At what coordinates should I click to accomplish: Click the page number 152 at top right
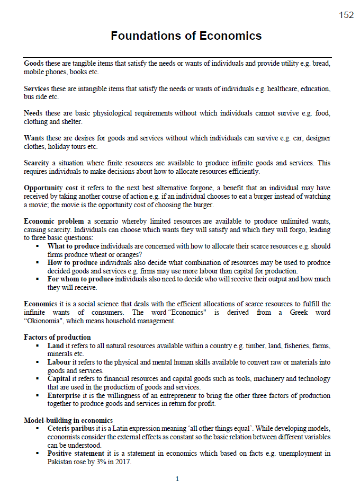346,15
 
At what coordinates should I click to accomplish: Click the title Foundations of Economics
186,36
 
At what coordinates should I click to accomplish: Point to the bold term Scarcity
37,163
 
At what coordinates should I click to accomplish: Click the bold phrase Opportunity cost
51,188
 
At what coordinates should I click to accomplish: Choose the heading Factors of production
57,337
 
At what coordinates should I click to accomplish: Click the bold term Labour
59,362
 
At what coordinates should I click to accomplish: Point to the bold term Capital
59,378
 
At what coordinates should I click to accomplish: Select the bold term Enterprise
64,395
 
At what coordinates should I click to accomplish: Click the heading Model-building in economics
68,420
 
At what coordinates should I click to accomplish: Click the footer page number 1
177,479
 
